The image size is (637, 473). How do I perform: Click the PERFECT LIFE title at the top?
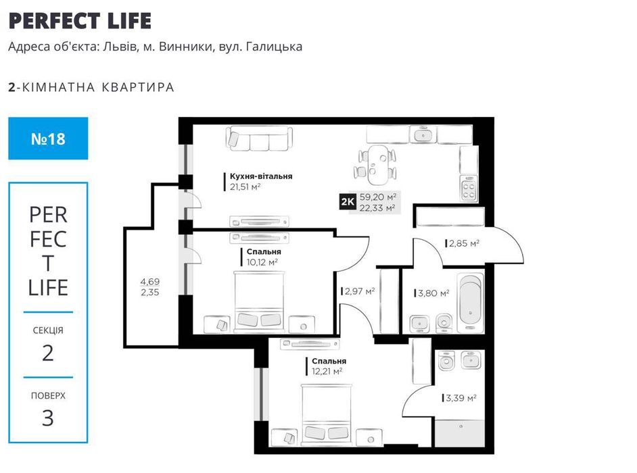click(80, 20)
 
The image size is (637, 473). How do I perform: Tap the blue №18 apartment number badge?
click(48, 139)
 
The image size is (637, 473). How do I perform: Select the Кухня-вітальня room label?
click(260, 176)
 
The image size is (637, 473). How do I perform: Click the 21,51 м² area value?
click(245, 187)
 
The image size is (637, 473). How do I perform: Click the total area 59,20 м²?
click(378, 197)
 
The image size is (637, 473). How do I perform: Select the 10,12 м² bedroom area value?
click(262, 262)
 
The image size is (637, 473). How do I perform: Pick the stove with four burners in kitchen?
click(469, 186)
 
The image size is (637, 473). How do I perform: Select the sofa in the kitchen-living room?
click(260, 139)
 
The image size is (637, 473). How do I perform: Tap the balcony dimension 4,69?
click(149, 282)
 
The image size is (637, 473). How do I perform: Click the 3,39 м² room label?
click(461, 399)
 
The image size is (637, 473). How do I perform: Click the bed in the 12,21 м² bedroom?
click(327, 414)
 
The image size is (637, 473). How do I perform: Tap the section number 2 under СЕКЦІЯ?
click(48, 352)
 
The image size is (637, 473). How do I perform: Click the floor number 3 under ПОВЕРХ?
click(48, 418)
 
